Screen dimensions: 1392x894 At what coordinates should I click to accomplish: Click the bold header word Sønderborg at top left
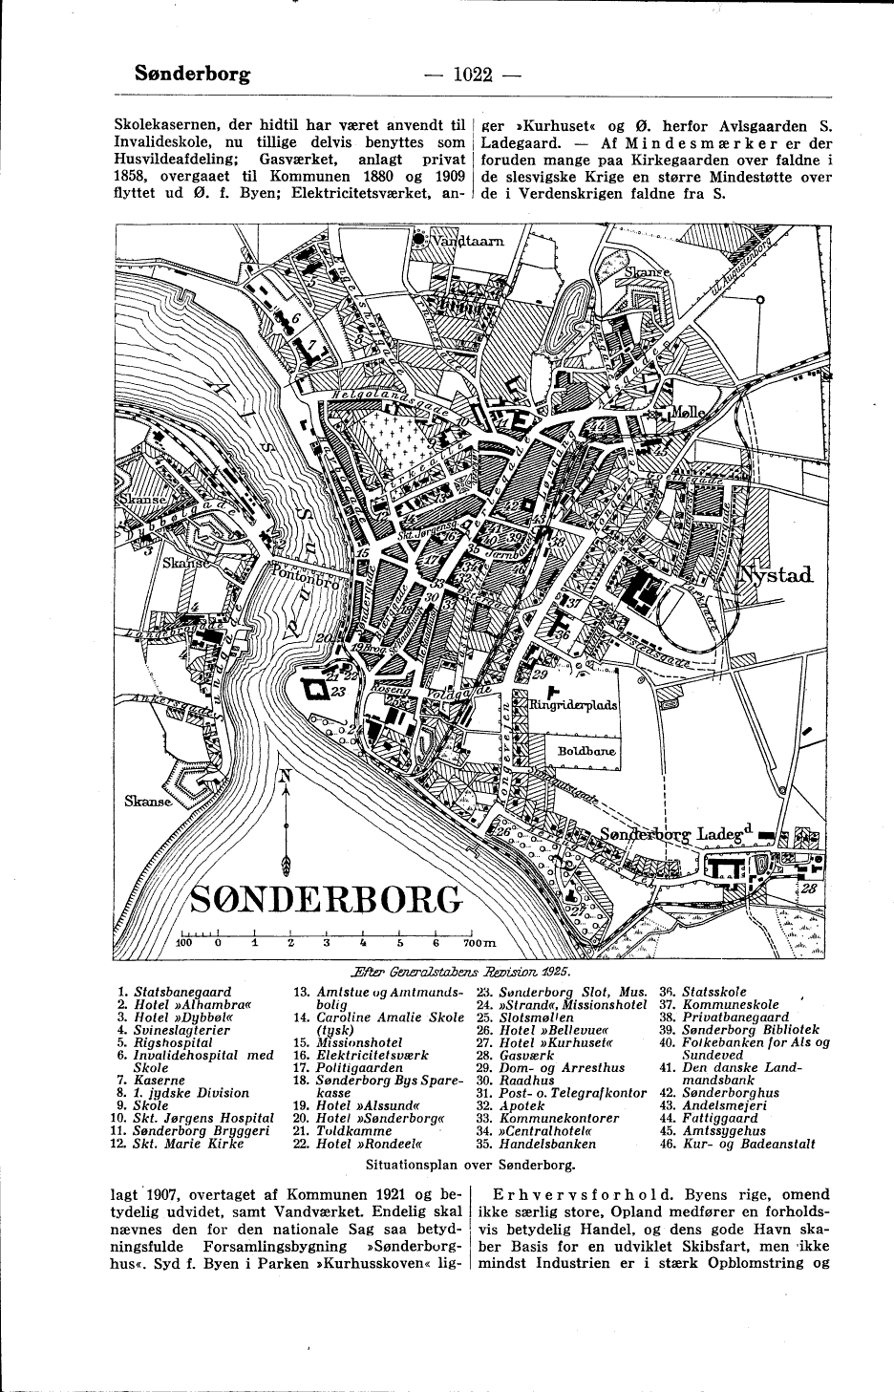(193, 73)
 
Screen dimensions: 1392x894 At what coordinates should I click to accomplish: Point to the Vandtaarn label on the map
(467, 242)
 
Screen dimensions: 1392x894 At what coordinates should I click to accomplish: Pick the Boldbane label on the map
(586, 751)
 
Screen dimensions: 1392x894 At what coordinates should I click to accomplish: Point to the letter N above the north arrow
(284, 776)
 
